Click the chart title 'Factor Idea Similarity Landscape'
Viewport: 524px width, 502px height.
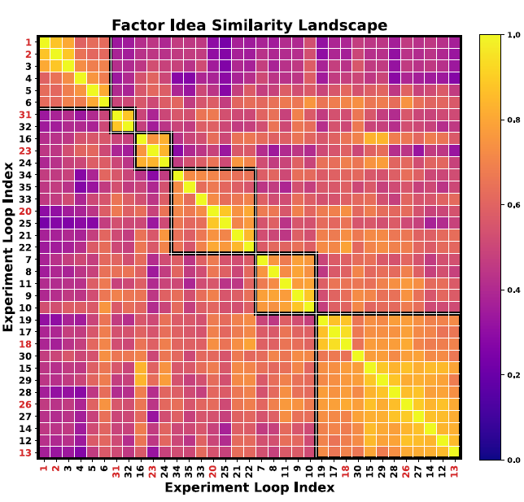(x=249, y=25)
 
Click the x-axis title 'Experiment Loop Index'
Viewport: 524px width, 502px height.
(x=249, y=488)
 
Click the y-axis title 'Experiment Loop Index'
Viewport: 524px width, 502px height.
(x=9, y=247)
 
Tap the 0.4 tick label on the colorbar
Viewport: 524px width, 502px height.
(x=513, y=290)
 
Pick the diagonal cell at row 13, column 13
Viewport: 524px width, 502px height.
(x=454, y=452)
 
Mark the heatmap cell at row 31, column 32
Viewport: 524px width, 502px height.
(x=129, y=115)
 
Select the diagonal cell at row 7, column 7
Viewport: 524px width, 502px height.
(x=261, y=260)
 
